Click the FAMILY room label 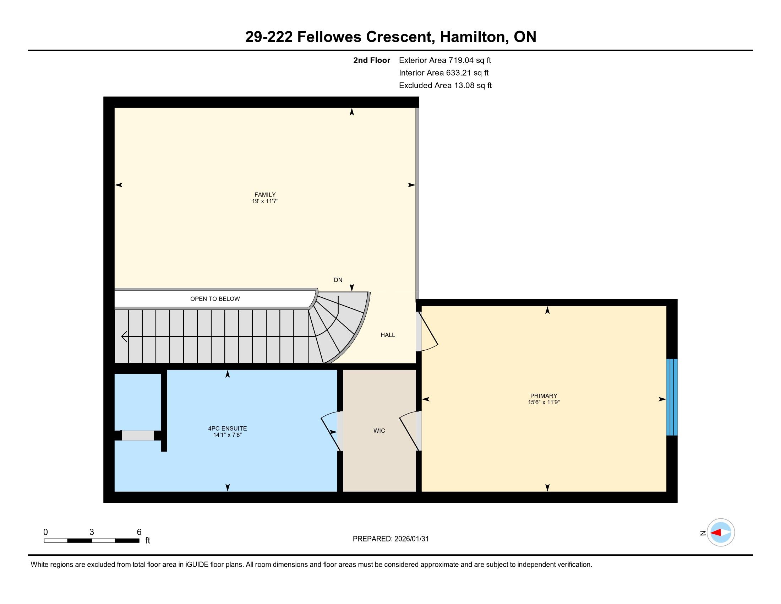point(265,195)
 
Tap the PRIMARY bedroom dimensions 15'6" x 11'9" point(544,402)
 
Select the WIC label point(379,431)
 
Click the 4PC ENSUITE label point(228,428)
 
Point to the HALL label point(388,335)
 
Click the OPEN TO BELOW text point(215,299)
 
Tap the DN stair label point(338,280)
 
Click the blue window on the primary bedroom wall point(672,397)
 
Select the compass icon point(721,533)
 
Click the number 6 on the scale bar point(139,532)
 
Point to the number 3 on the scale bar point(92,532)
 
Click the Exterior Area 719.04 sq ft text point(445,60)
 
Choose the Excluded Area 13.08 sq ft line point(445,86)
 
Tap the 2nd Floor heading point(372,60)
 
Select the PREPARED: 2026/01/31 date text point(390,539)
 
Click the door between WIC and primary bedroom point(409,431)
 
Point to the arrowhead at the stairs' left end point(124,337)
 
